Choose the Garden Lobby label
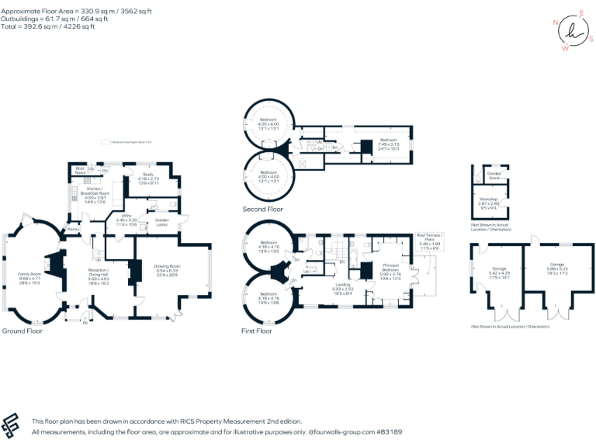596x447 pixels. [162, 222]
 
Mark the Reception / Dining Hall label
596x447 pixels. [83, 273]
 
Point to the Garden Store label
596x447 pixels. [494, 177]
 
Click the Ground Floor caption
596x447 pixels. [23, 331]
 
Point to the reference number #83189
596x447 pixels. [390, 431]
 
